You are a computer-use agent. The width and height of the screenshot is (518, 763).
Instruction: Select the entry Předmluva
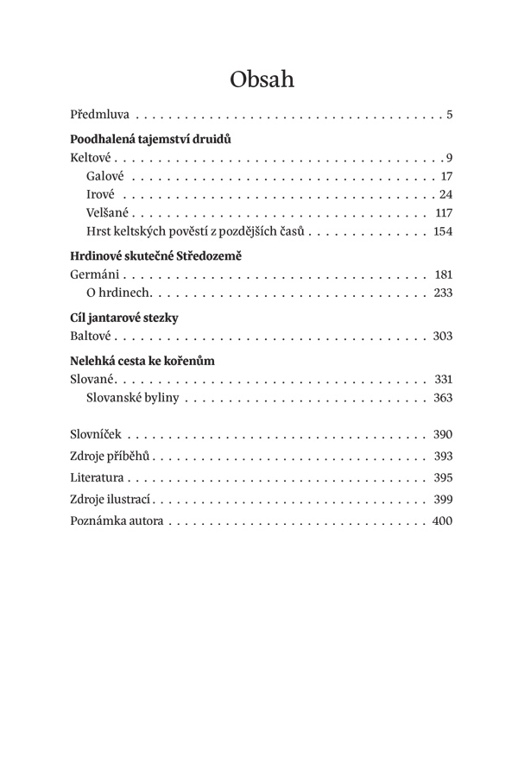click(x=101, y=114)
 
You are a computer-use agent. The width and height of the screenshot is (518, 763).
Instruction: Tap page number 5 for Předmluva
click(x=450, y=114)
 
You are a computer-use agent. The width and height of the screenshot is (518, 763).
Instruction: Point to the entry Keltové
click(x=92, y=158)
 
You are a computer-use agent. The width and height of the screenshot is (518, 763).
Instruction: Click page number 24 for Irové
click(x=445, y=193)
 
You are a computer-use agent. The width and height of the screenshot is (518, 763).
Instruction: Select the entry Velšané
click(x=109, y=212)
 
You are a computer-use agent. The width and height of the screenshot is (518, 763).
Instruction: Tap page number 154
click(x=443, y=231)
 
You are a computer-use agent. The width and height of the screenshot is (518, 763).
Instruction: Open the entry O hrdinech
click(x=119, y=293)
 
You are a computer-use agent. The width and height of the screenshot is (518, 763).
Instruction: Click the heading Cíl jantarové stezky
click(x=123, y=318)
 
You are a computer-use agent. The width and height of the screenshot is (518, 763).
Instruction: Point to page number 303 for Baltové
click(x=443, y=337)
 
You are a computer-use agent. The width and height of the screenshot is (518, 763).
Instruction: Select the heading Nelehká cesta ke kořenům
click(x=142, y=361)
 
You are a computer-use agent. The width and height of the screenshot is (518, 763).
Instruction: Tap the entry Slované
click(x=92, y=380)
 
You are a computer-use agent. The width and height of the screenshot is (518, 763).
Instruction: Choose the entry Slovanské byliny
click(x=134, y=398)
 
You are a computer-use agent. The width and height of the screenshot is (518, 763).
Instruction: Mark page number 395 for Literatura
click(x=443, y=477)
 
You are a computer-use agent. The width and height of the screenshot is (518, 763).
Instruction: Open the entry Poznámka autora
click(x=117, y=521)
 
